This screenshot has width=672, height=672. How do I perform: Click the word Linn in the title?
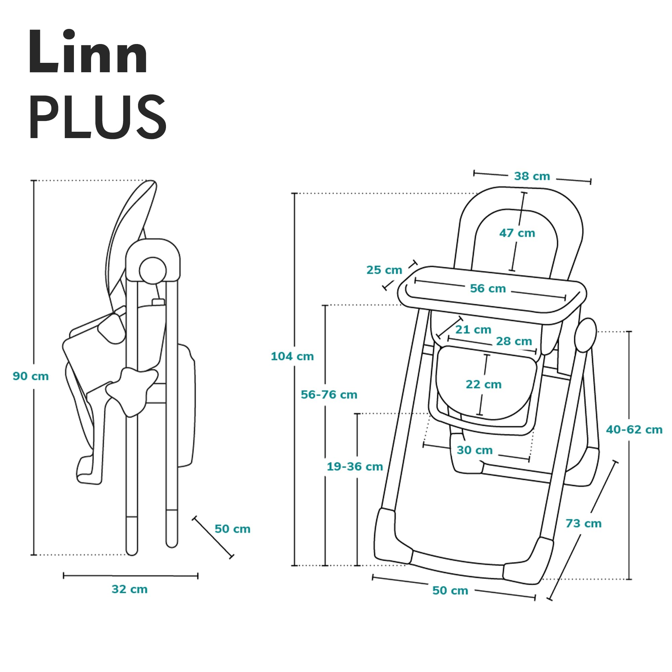(88, 52)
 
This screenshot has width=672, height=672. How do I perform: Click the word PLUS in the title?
(97, 117)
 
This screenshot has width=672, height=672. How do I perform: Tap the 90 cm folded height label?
(31, 376)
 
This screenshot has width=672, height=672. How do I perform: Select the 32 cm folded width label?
(129, 589)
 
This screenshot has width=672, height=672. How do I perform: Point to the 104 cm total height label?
(292, 356)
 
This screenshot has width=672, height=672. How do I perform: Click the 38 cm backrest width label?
(532, 176)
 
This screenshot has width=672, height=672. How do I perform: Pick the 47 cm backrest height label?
(517, 233)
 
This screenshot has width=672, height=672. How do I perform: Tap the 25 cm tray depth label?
(384, 270)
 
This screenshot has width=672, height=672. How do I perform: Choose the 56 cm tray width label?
(488, 288)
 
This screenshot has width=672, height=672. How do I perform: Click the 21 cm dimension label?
(473, 329)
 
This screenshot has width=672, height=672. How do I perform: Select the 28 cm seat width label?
(514, 341)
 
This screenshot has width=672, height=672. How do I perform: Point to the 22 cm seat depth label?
(484, 384)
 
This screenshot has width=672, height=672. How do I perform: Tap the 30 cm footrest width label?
(474, 450)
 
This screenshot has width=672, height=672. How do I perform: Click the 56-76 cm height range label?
(329, 395)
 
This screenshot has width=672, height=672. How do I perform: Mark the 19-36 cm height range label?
(354, 466)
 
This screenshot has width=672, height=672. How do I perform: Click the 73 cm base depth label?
(583, 523)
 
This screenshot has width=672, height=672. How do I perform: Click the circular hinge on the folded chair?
(153, 270)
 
